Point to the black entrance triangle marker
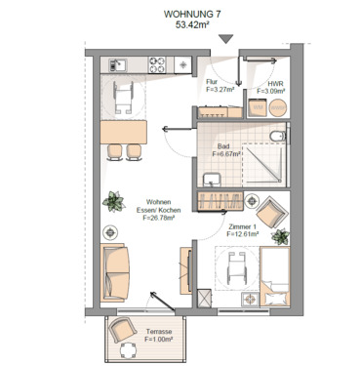(x=227, y=40)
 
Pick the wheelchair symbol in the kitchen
(x=125, y=96)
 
